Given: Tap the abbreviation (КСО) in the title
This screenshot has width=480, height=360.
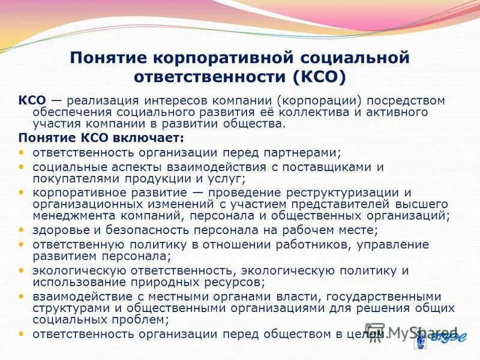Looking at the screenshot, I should (320, 77).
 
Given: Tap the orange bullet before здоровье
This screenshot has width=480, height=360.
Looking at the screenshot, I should (22, 230).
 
